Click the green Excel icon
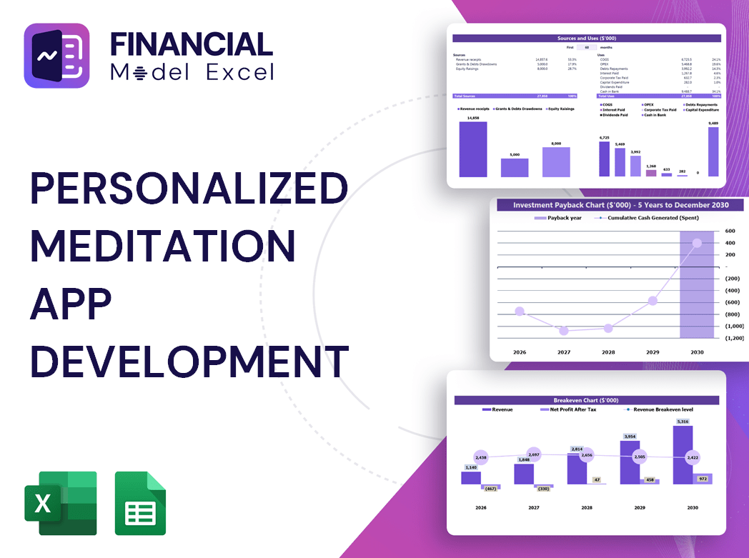(60, 503)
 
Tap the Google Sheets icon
(140, 503)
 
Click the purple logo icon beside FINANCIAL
(56, 56)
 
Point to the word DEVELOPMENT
(189, 362)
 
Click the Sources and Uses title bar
(587, 38)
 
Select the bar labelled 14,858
(472, 149)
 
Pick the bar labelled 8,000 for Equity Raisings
(556, 162)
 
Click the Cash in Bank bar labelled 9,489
(713, 151)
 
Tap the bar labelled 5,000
(514, 168)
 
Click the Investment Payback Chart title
(615, 205)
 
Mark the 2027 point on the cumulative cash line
(564, 331)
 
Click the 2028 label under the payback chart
(608, 352)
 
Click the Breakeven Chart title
(586, 400)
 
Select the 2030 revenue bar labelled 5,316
(683, 455)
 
